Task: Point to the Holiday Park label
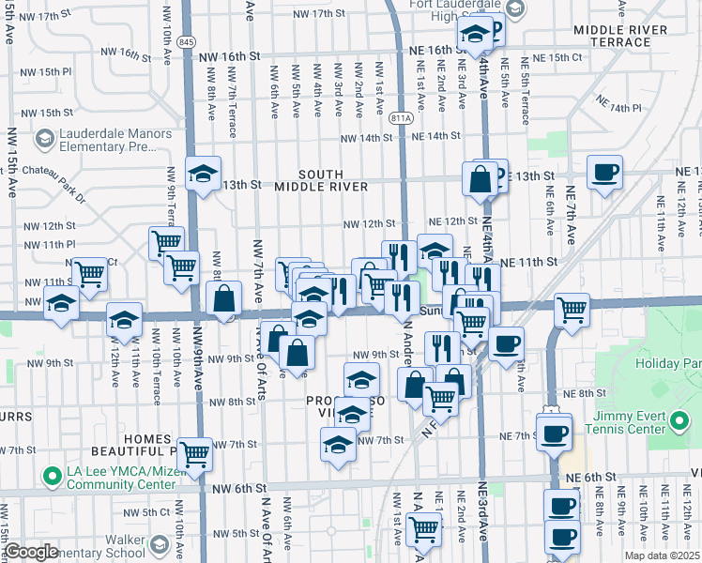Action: pyautogui.click(x=667, y=363)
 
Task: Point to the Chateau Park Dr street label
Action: pyautogui.click(x=55, y=198)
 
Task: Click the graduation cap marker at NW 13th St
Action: pyautogui.click(x=203, y=174)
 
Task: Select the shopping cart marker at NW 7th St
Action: pyautogui.click(x=194, y=454)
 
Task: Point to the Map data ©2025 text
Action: pyautogui.click(x=662, y=555)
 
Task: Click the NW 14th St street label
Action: pyautogui.click(x=366, y=138)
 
